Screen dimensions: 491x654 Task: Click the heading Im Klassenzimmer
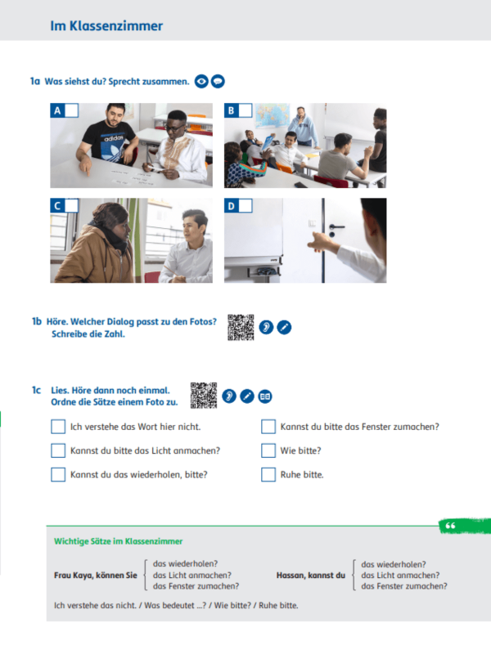tap(106, 26)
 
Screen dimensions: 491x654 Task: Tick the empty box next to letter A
tap(71, 110)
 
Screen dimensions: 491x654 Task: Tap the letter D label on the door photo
tap(231, 205)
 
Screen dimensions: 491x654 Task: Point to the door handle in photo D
tap(336, 227)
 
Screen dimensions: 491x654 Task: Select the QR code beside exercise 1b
tap(241, 328)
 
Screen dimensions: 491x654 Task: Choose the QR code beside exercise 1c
tap(204, 396)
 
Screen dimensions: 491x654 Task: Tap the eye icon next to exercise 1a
tap(201, 81)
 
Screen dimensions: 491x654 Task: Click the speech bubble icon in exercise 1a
tap(218, 81)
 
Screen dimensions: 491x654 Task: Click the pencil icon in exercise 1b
tap(284, 328)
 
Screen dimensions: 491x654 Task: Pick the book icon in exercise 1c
tap(265, 396)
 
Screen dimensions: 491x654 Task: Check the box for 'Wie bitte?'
tap(268, 450)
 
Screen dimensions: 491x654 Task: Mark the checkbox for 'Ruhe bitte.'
tap(268, 475)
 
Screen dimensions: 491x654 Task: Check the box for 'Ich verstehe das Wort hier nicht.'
tap(58, 427)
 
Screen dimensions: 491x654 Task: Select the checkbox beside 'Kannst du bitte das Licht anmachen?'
tap(58, 450)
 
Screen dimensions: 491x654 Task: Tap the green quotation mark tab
tap(464, 526)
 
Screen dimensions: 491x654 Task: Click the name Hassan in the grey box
tap(291, 576)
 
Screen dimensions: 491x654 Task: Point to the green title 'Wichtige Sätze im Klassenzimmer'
tap(118, 541)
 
